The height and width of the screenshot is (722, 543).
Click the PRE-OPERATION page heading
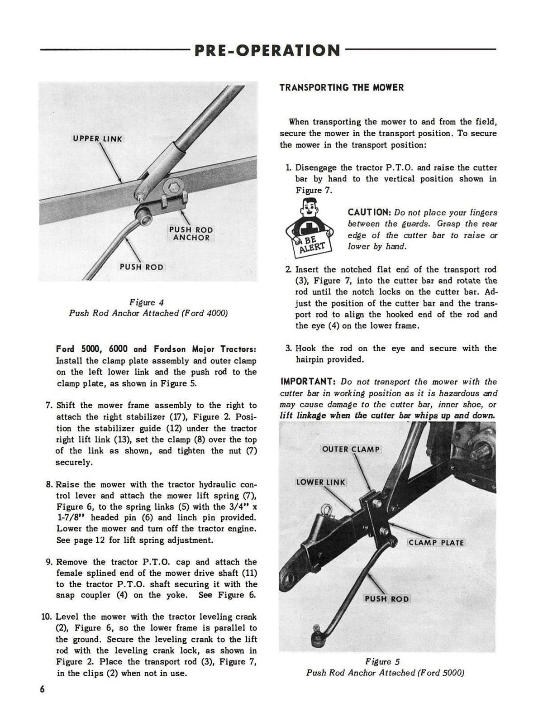(267, 50)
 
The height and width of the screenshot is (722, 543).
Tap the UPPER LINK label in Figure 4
(98, 139)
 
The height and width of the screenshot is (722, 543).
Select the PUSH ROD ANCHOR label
(191, 234)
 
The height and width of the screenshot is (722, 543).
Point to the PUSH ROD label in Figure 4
(141, 267)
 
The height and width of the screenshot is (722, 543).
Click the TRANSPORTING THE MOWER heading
(342, 88)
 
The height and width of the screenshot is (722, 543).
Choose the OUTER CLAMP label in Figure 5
(351, 449)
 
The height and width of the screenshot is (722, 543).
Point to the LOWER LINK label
(320, 482)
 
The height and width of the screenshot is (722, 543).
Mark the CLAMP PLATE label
(436, 542)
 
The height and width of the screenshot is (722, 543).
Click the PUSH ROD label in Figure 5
(386, 599)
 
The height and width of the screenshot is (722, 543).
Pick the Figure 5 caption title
(385, 662)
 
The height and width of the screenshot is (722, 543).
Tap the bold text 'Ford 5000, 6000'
(94, 349)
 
